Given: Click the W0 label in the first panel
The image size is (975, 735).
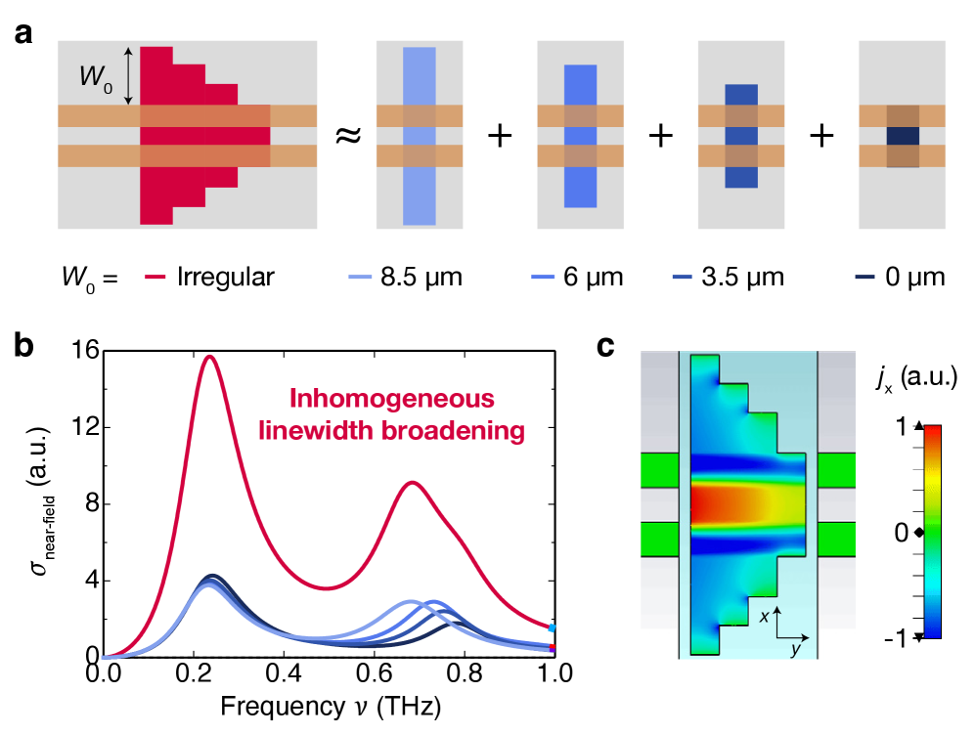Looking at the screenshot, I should coord(95,78).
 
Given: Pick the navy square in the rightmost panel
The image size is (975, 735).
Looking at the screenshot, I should coord(902,136).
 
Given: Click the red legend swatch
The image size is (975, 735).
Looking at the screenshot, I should coord(155,278).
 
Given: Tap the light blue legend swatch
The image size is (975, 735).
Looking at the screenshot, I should coord(360,278).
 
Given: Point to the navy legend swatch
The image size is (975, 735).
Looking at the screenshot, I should coord(864,278).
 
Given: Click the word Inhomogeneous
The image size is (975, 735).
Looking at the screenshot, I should coord(391,399).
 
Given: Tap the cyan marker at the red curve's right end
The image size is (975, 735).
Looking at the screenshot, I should coord(553,627).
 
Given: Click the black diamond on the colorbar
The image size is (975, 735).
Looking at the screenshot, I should coord(918,532).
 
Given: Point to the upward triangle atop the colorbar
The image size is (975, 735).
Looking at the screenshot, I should coord(917,426).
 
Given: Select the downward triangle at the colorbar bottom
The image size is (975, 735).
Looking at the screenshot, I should coord(918,637).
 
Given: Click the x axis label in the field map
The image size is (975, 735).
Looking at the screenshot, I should coord(764,617).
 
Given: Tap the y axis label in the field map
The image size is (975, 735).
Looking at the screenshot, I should coord(794,647).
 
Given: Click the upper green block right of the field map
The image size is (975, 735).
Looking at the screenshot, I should coord(836,470).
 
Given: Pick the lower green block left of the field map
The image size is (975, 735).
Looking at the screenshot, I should coord(659,539).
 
